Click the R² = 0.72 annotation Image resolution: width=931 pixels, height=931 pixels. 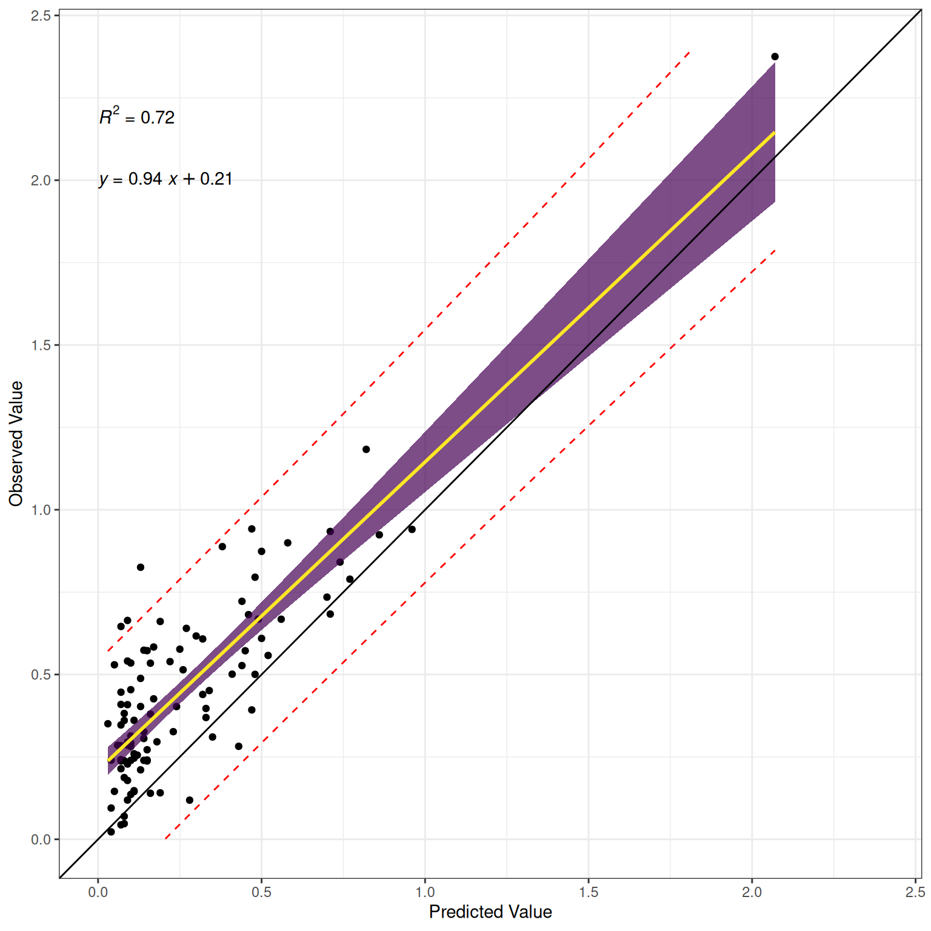tap(137, 116)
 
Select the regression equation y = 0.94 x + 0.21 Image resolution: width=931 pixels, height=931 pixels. tap(165, 179)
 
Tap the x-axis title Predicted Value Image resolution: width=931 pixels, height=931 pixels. tap(490, 912)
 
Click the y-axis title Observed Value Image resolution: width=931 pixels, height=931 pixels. tap(16, 444)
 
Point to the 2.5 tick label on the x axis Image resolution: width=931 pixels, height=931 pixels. tap(915, 892)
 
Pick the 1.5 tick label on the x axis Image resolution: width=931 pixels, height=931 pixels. tap(588, 892)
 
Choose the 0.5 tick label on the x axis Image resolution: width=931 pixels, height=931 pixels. tap(261, 892)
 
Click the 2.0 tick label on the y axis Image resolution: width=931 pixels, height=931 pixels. tap(41, 181)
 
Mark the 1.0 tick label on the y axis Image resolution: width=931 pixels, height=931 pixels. tap(41, 510)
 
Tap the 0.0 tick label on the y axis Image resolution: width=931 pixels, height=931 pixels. tap(41, 839)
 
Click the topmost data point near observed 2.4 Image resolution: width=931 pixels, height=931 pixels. tap(775, 56)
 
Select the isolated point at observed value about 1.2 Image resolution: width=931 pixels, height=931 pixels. tap(366, 449)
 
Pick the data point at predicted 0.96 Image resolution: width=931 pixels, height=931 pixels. tap(412, 529)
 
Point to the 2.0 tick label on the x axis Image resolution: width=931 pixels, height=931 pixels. tap(752, 892)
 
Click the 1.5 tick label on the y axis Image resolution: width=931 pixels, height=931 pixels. tap(41, 345)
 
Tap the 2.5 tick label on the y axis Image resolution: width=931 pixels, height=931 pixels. tap(41, 16)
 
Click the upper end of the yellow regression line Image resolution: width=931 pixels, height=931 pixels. tap(774, 132)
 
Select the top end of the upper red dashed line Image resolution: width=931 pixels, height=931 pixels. tap(690, 53)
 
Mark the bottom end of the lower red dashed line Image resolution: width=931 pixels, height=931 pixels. tap(165, 838)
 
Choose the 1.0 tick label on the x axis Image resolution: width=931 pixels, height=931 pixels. tap(425, 892)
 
